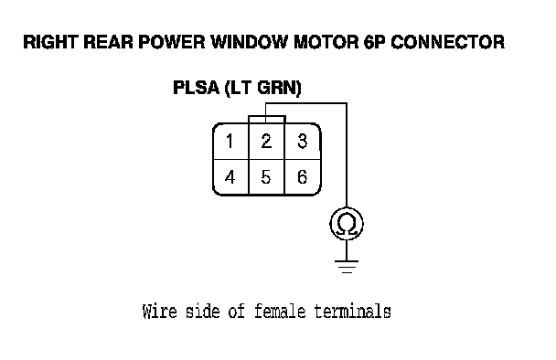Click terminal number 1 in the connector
click(230, 141)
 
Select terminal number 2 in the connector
click(266, 141)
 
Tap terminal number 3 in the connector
click(302, 141)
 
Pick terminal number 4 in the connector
click(230, 177)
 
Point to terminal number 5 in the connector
click(266, 177)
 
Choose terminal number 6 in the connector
click(302, 177)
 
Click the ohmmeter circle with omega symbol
click(347, 207)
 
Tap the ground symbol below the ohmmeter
click(347, 267)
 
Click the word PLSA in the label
click(196, 88)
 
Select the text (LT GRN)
click(263, 88)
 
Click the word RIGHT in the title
click(50, 42)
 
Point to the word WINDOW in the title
click(250, 42)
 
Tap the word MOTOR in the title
click(326, 42)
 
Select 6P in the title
click(374, 42)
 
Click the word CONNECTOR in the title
click(447, 42)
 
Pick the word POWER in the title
click(172, 42)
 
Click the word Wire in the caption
click(159, 312)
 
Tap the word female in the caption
click(280, 312)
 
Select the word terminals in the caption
click(353, 312)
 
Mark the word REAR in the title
click(108, 42)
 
